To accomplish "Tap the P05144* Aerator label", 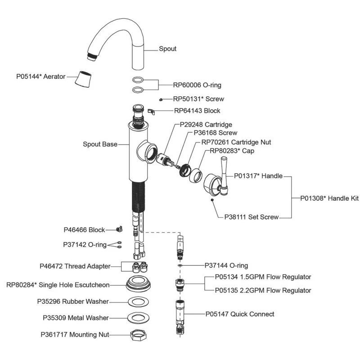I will pyautogui.click(x=41, y=76).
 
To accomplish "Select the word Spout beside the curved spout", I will pyautogui.click(x=167, y=49).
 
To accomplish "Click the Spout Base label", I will pyautogui.click(x=100, y=144).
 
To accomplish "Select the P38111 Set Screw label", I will pyautogui.click(x=252, y=217).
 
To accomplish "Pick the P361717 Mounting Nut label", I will pyautogui.click(x=75, y=335).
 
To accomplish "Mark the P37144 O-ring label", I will pyautogui.click(x=226, y=266).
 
